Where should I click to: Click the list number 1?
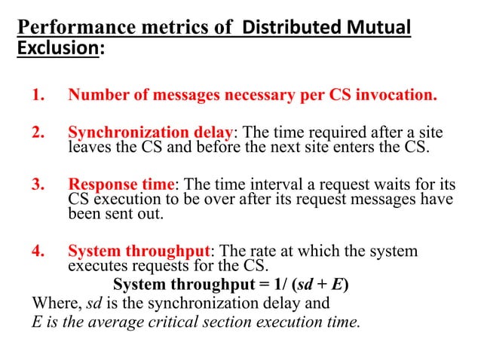pyautogui.click(x=38, y=96)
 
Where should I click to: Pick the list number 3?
pyautogui.click(x=38, y=184)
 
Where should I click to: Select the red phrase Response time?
pyautogui.click(x=121, y=184)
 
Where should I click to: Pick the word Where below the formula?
pyautogui.click(x=53, y=304)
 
